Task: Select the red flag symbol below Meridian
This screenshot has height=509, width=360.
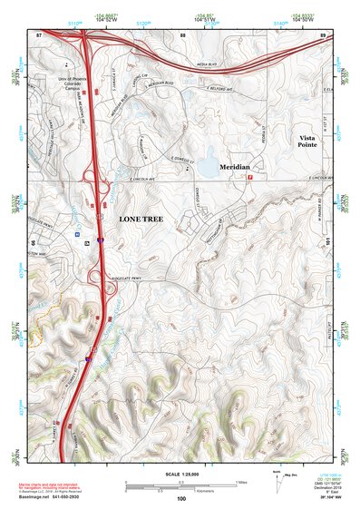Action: point(249,178)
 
